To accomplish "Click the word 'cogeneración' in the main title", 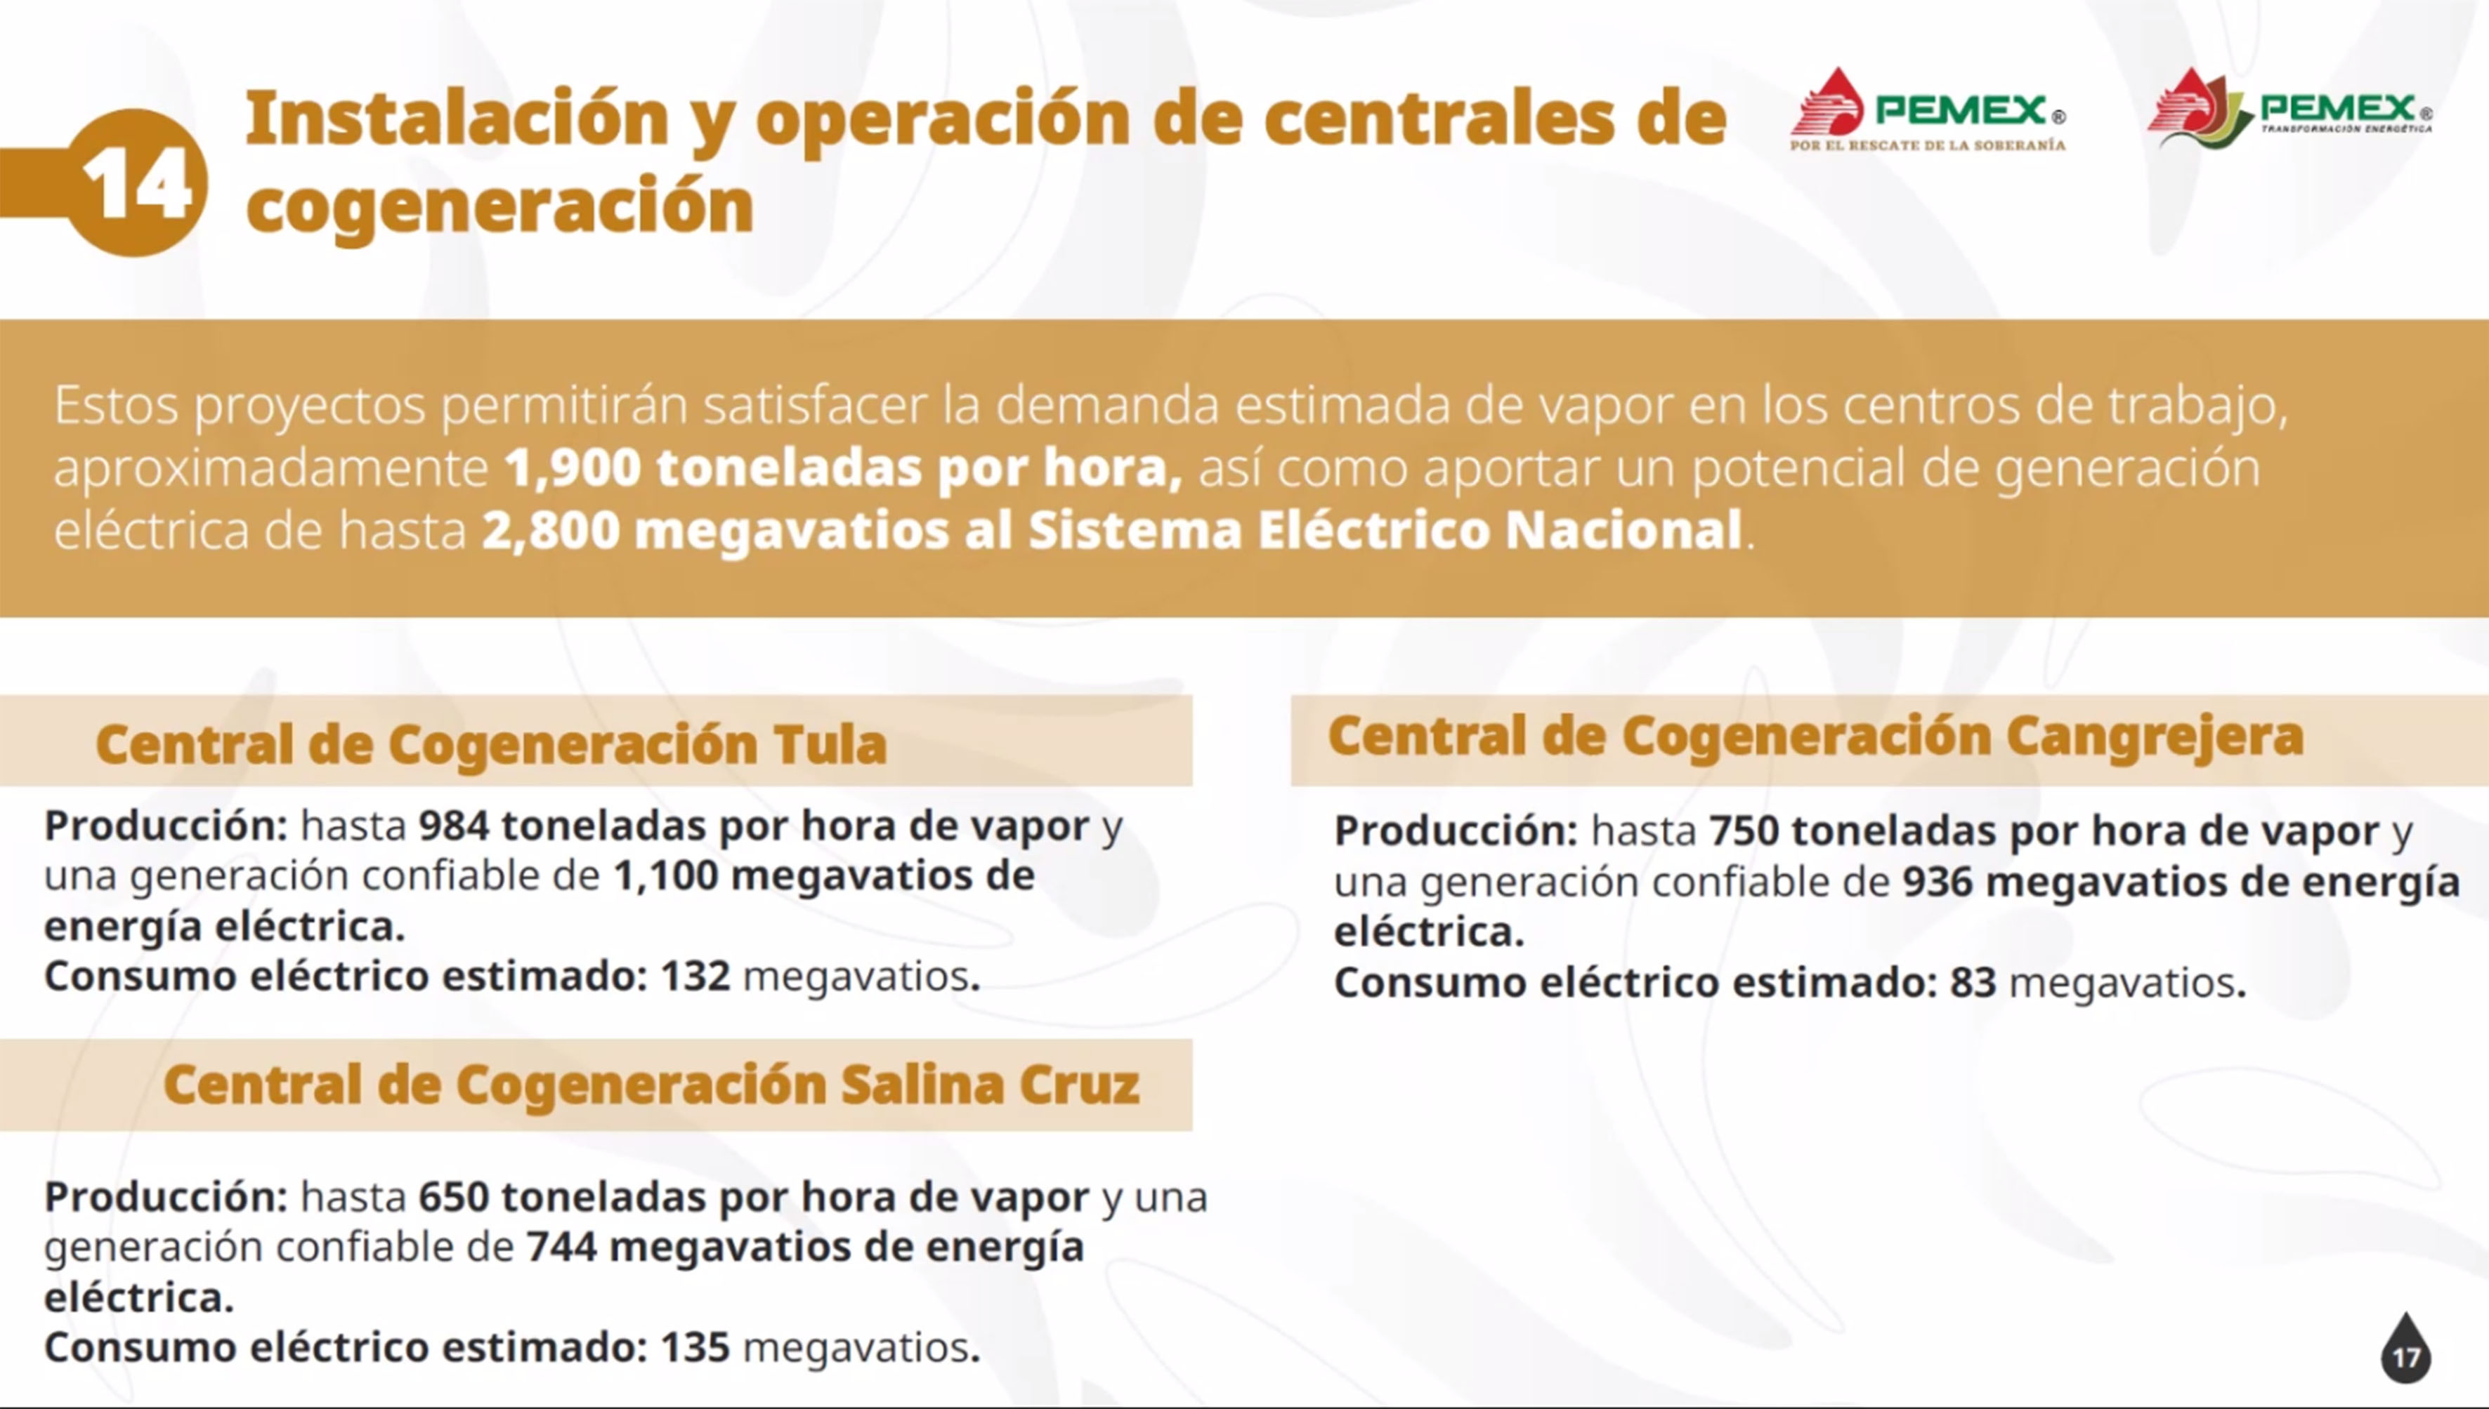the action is click(499, 207).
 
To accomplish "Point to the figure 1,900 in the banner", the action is click(572, 468).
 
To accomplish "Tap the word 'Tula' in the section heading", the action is click(830, 744).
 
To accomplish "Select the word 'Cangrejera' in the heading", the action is click(2154, 739).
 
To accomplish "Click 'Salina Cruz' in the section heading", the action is click(989, 1085).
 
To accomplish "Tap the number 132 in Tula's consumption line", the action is click(695, 977).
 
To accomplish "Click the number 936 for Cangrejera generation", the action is click(1938, 882).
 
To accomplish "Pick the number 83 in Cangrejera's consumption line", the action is click(1973, 983).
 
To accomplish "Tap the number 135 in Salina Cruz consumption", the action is click(695, 1348).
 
